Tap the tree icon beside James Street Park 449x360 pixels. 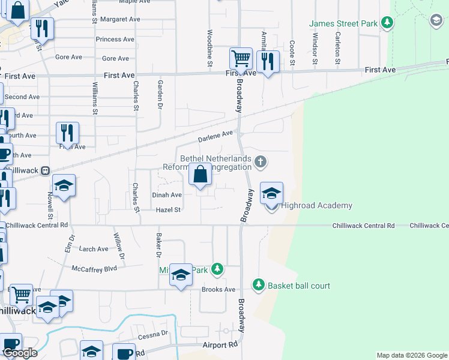388,23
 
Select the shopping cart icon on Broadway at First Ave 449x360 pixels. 241,59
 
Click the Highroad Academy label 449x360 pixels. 316,206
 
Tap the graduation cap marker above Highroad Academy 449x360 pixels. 271,193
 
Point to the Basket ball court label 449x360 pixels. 299,286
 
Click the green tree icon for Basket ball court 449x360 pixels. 259,284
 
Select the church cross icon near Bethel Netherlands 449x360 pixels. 260,161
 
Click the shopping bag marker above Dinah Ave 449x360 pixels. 200,175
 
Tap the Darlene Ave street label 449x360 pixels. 215,137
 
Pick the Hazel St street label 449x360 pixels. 168,210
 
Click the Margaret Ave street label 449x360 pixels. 120,19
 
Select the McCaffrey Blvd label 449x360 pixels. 94,269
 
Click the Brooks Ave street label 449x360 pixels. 218,289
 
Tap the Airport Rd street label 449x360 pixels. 220,346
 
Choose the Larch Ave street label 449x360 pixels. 94,249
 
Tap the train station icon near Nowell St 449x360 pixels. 45,170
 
